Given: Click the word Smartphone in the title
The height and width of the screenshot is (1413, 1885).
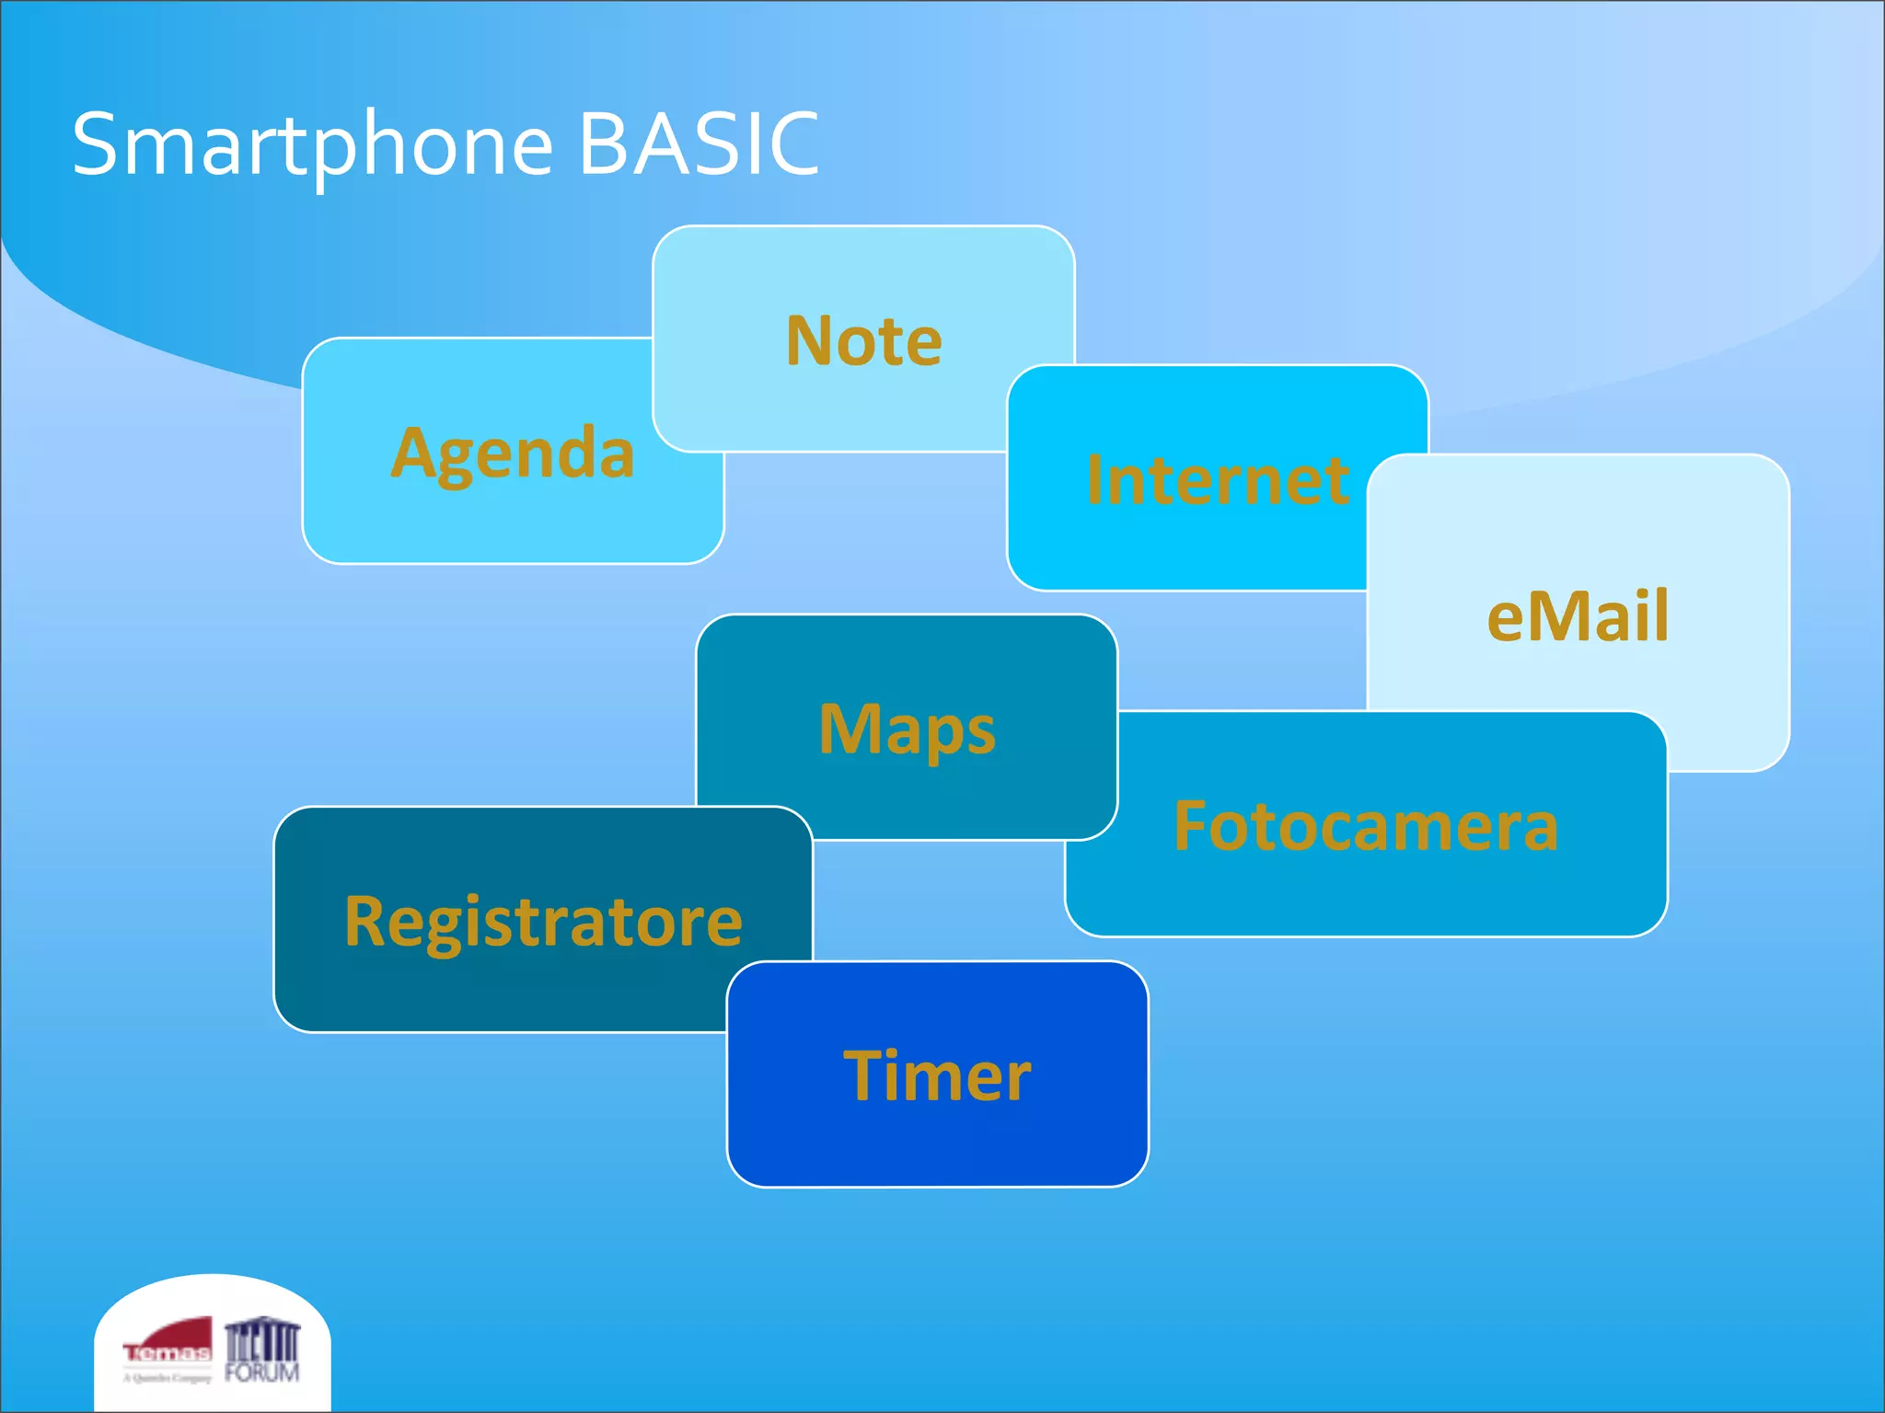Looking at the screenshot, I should (x=313, y=144).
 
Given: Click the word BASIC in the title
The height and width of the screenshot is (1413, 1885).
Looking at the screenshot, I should (x=699, y=144).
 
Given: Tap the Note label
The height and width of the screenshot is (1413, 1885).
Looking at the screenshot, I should (x=863, y=341).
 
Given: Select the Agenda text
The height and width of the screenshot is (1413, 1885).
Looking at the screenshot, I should (x=513, y=454).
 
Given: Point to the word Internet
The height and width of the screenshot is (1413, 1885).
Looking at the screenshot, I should (x=1217, y=480).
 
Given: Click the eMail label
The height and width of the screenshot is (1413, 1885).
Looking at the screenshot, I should (x=1578, y=615).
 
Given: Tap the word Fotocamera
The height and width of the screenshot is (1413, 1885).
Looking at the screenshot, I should (x=1366, y=826).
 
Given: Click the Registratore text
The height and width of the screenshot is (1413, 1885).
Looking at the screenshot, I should (x=543, y=921).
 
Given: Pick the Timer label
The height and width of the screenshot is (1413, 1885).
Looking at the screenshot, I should (x=937, y=1075).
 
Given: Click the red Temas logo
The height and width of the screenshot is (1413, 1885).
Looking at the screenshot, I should (x=168, y=1344).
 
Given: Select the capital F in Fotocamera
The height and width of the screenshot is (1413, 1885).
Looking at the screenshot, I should (x=1189, y=826).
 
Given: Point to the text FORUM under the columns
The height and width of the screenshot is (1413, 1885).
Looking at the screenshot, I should (x=262, y=1373).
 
